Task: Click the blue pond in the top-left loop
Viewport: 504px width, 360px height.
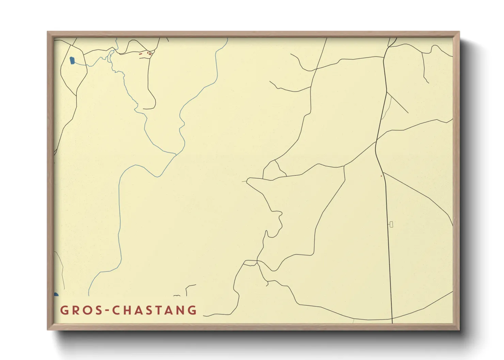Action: coord(72,61)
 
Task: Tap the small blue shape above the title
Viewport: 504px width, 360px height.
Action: coord(56,294)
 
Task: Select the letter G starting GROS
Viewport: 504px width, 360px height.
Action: coord(64,310)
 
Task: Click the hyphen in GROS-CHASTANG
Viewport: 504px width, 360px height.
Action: coord(107,311)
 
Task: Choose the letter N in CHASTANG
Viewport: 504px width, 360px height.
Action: coord(182,310)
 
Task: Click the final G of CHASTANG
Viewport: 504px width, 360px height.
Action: coord(193,310)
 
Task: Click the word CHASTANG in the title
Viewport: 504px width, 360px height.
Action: coord(155,310)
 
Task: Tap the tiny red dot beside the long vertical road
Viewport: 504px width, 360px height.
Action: coord(381,176)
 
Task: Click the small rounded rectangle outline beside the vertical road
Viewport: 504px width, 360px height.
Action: coord(391,224)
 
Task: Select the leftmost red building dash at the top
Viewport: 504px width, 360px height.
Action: coord(140,53)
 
